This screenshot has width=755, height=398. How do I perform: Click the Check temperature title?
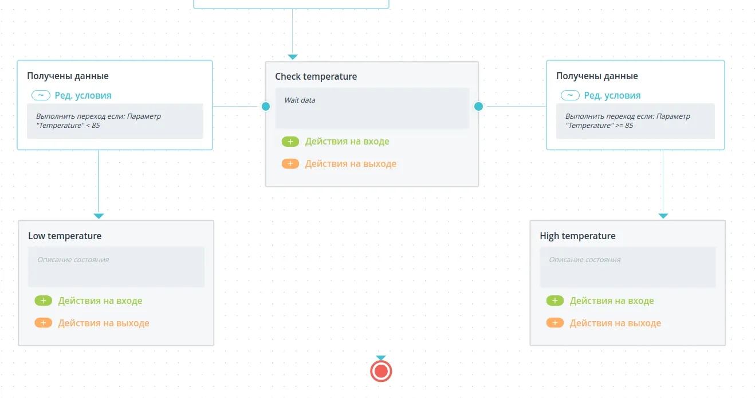[x=316, y=77]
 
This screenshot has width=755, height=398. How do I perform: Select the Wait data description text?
[x=300, y=100]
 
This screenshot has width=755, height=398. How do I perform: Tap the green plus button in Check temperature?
[x=290, y=142]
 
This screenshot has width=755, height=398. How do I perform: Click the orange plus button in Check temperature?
[x=290, y=163]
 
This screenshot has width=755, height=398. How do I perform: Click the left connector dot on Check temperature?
[x=266, y=106]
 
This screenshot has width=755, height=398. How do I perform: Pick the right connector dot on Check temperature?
[x=478, y=106]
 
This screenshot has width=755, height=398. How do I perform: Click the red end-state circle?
[x=381, y=371]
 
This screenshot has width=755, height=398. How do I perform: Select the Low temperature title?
[x=65, y=236]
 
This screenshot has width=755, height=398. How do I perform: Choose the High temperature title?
[x=577, y=236]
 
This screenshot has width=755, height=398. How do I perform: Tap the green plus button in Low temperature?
[x=43, y=301]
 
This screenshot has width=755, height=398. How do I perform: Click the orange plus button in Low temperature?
[x=43, y=323]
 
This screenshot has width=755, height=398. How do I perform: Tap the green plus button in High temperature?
[x=555, y=301]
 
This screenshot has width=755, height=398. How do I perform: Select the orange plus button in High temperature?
[x=555, y=323]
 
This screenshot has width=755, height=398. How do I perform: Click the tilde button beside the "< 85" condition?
[x=41, y=96]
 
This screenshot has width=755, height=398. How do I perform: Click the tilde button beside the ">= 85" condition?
[x=570, y=96]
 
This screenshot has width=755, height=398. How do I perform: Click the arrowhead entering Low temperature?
[x=99, y=216]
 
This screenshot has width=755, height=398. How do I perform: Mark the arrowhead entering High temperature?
[x=663, y=216]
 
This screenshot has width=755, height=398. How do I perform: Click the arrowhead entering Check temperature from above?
[x=293, y=57]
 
